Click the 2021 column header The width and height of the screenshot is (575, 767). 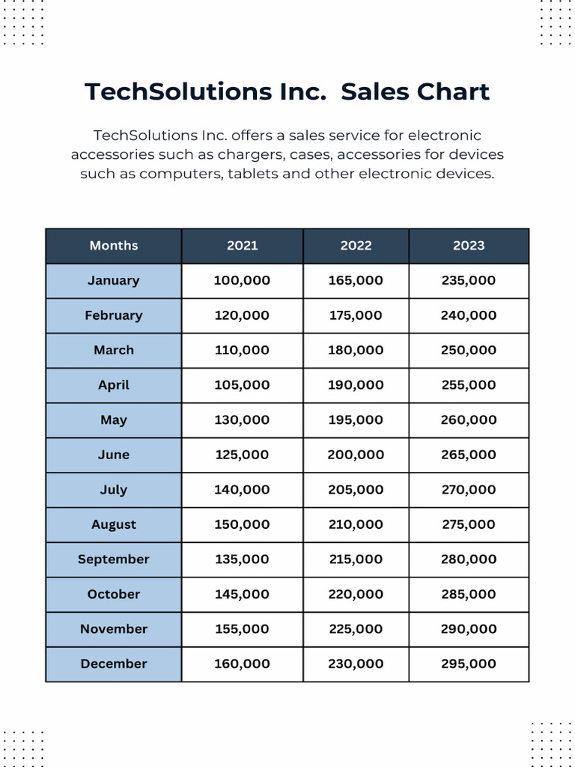click(x=242, y=246)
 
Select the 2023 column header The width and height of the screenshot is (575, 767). click(x=469, y=246)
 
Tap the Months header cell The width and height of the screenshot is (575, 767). click(x=114, y=246)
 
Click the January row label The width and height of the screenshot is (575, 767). click(x=114, y=281)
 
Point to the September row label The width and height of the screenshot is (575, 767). click(x=114, y=560)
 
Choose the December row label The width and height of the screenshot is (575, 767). click(x=114, y=664)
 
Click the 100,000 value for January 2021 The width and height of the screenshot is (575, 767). click(x=242, y=281)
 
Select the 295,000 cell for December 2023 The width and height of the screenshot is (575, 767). click(x=469, y=664)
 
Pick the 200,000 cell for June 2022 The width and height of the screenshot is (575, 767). click(x=356, y=455)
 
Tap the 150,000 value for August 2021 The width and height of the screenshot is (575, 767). click(x=242, y=524)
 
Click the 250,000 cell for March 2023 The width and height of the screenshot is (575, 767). click(x=469, y=351)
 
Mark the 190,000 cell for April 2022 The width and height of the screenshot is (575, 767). click(x=356, y=385)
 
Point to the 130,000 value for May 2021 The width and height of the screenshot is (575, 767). click(x=242, y=420)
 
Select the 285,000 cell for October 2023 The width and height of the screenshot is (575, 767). click(x=469, y=594)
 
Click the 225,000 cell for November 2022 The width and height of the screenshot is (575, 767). click(x=356, y=629)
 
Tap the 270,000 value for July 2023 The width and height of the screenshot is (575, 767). click(x=469, y=490)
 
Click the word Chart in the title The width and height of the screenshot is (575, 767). click(x=451, y=92)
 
